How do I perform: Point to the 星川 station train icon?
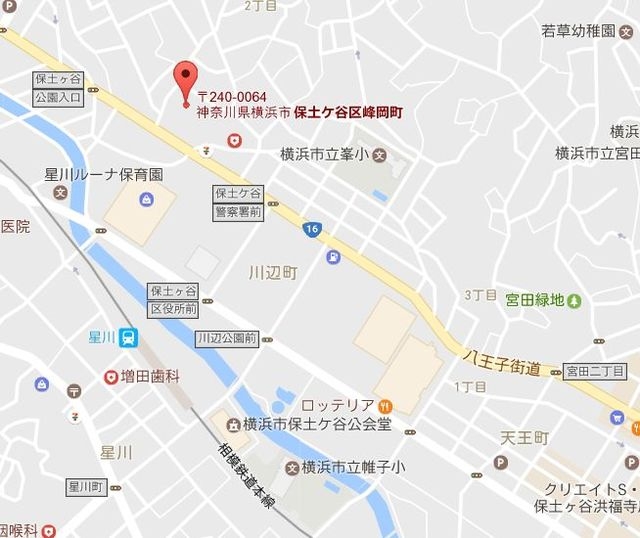[129, 338]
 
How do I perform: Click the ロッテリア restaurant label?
[338, 405]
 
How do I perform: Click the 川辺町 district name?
[272, 272]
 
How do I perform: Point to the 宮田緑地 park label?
[535, 299]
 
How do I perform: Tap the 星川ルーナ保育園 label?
[103, 174]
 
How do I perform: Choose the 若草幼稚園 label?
[578, 31]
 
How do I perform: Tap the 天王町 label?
[525, 438]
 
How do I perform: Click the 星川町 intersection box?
[87, 487]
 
